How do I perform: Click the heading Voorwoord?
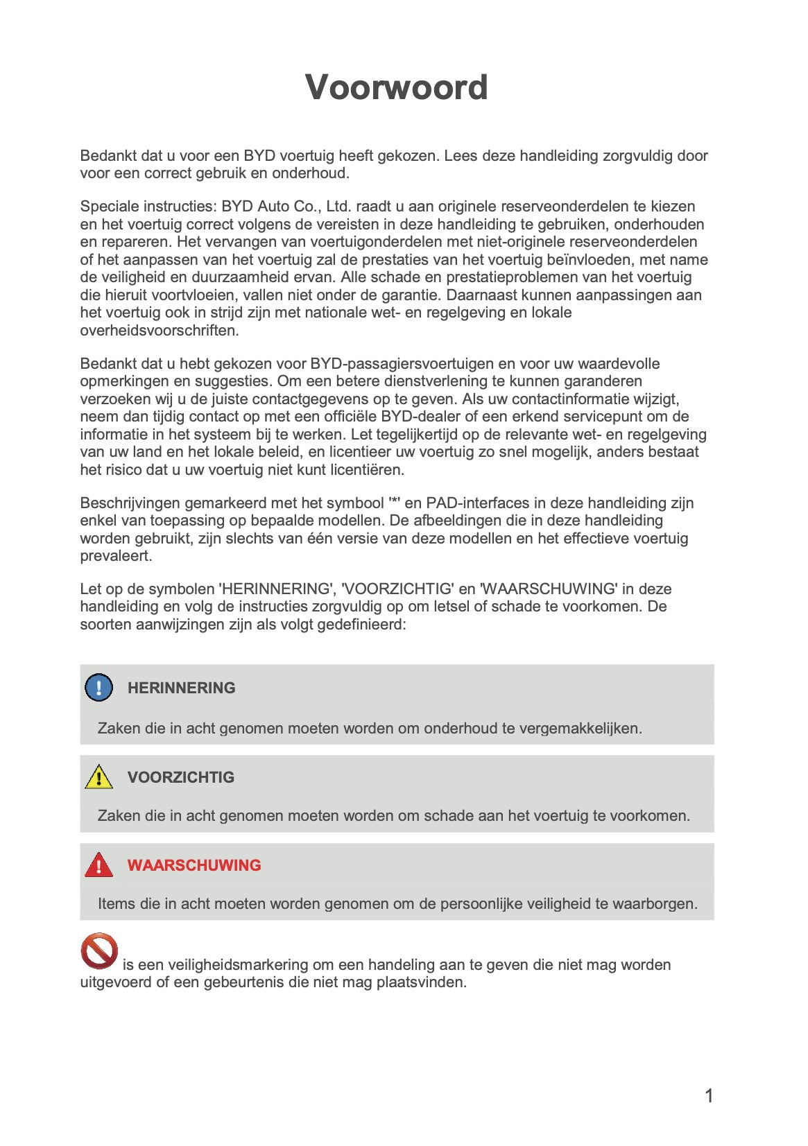[396, 87]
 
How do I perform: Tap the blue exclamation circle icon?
[98, 688]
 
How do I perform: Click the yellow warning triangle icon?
[98, 777]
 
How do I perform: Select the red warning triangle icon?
[98, 865]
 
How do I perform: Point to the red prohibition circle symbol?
[99, 951]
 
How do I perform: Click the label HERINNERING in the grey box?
[181, 688]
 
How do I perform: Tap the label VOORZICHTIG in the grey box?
[180, 777]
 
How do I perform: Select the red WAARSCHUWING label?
[194, 865]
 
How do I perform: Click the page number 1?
[709, 1096]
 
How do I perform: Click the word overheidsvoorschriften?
[159, 331]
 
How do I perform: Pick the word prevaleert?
[115, 556]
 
